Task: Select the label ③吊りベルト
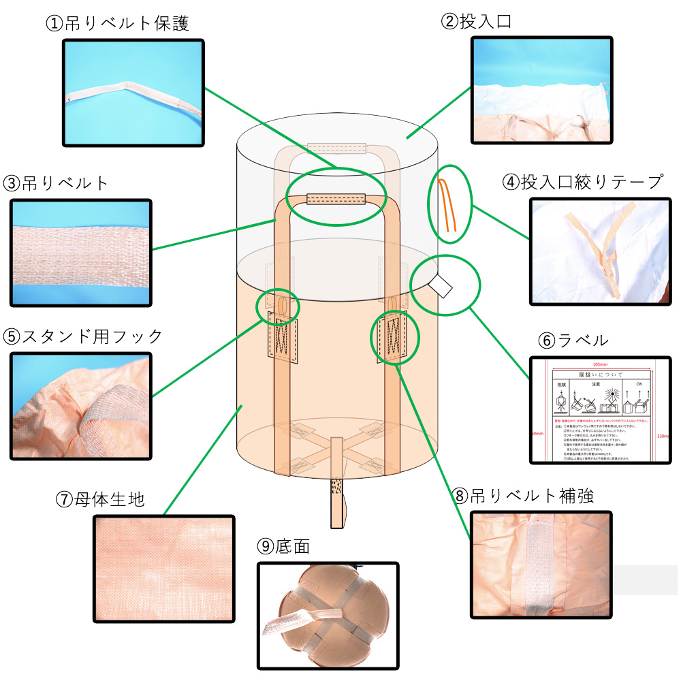(x=56, y=183)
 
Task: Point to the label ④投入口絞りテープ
(x=582, y=182)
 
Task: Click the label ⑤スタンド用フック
(x=83, y=336)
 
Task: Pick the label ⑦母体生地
(x=99, y=499)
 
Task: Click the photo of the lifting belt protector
(x=133, y=92)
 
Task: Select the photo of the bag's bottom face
(x=328, y=616)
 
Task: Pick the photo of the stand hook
(x=80, y=407)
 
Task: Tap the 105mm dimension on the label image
(x=600, y=364)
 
